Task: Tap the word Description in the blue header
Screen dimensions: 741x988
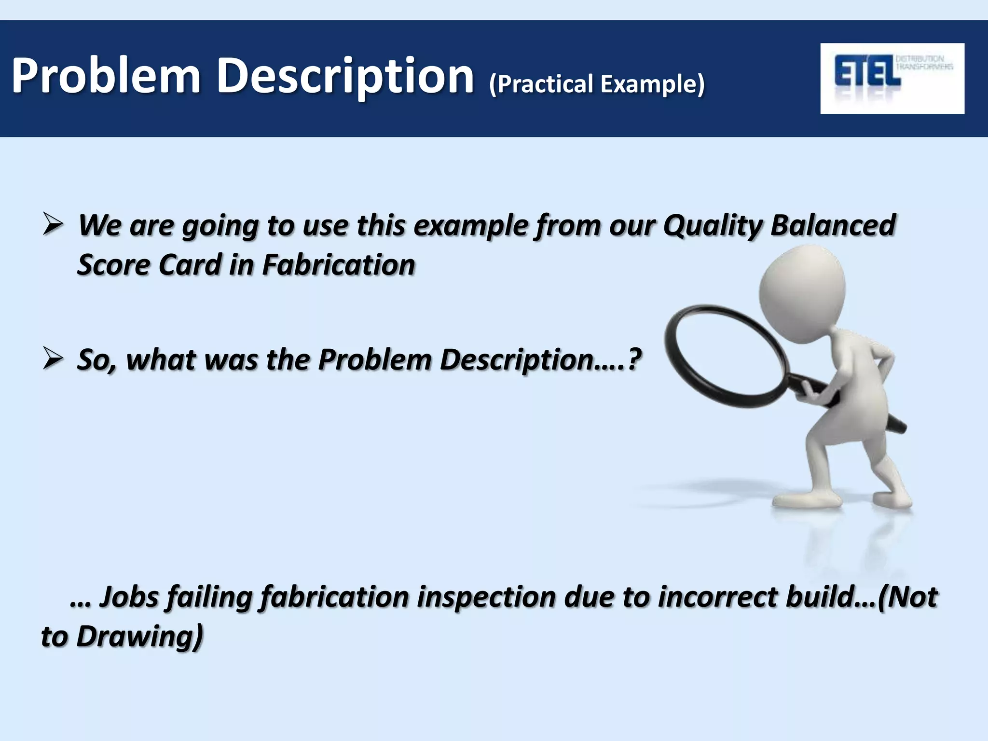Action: pos(345,76)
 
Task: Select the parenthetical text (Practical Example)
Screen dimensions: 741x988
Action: pos(597,84)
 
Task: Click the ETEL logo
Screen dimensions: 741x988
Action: pos(892,78)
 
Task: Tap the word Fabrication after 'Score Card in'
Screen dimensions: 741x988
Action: pos(338,265)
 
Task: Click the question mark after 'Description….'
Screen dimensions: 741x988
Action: pos(634,359)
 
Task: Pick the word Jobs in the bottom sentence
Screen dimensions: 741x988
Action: pos(129,597)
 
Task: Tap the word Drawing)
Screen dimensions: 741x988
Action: pos(140,636)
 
